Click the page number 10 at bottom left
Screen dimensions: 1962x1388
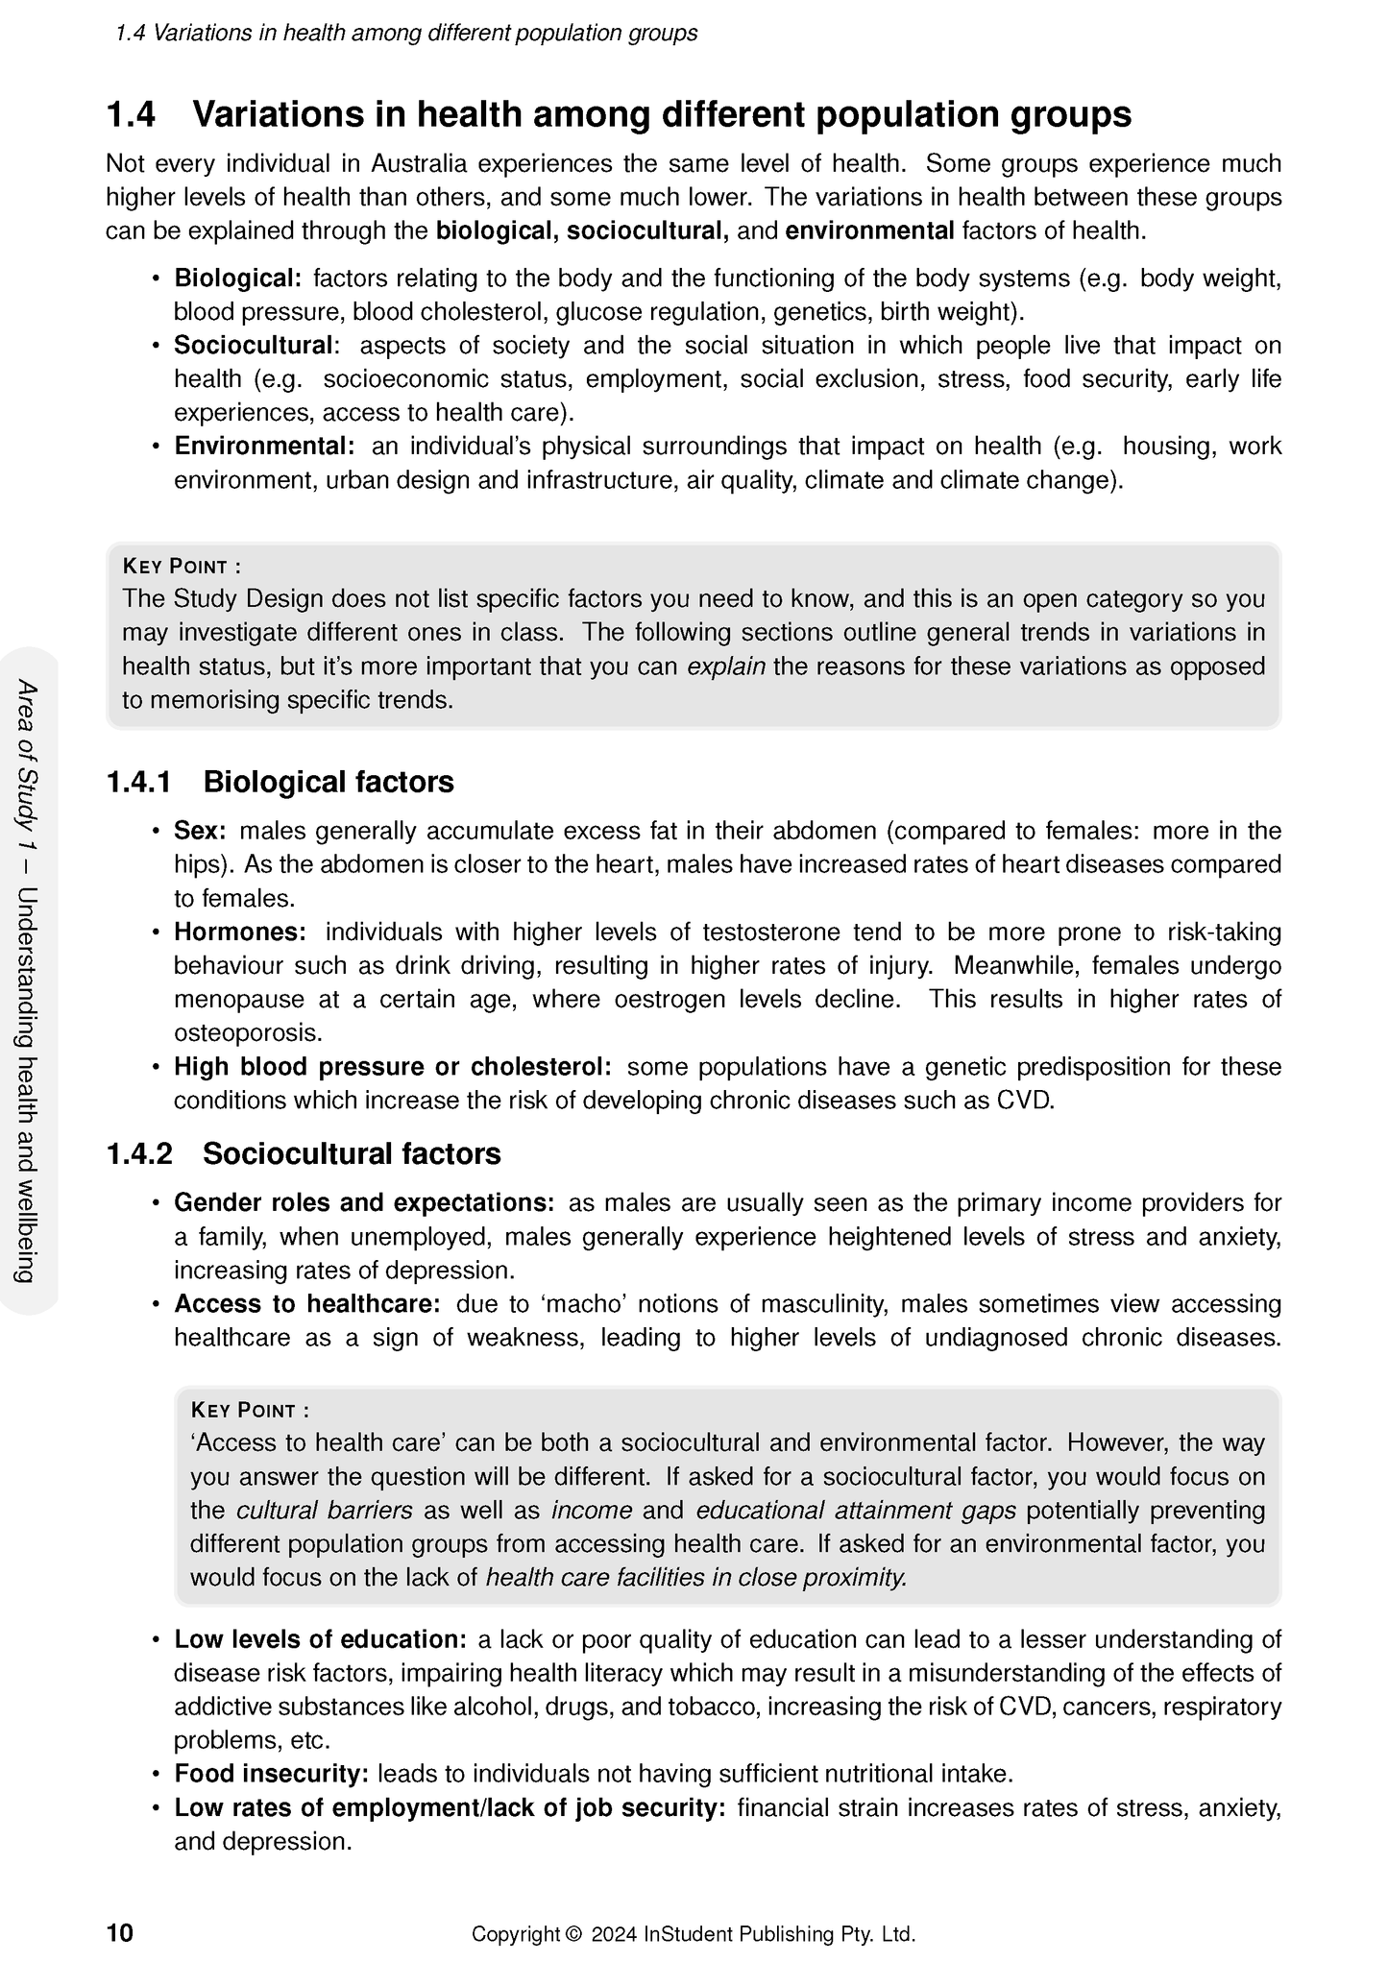pyautogui.click(x=120, y=1933)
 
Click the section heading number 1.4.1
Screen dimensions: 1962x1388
pyautogui.click(x=138, y=783)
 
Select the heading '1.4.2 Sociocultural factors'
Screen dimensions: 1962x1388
pyautogui.click(x=304, y=1153)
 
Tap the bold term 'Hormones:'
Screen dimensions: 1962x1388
pyautogui.click(x=239, y=933)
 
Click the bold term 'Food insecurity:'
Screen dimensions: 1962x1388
pyautogui.click(x=271, y=1774)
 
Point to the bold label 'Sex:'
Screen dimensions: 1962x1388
pyautogui.click(x=200, y=831)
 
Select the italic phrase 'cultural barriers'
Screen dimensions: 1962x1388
pyautogui.click(x=324, y=1511)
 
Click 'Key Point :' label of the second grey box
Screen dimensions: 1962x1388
pyautogui.click(x=250, y=1410)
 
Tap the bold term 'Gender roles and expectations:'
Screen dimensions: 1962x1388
pyautogui.click(x=364, y=1203)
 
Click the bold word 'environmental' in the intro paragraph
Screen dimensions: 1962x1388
pyautogui.click(x=869, y=231)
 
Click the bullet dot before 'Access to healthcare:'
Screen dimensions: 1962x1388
pyautogui.click(x=155, y=1305)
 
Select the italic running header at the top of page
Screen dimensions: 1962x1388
pyautogui.click(x=406, y=34)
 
